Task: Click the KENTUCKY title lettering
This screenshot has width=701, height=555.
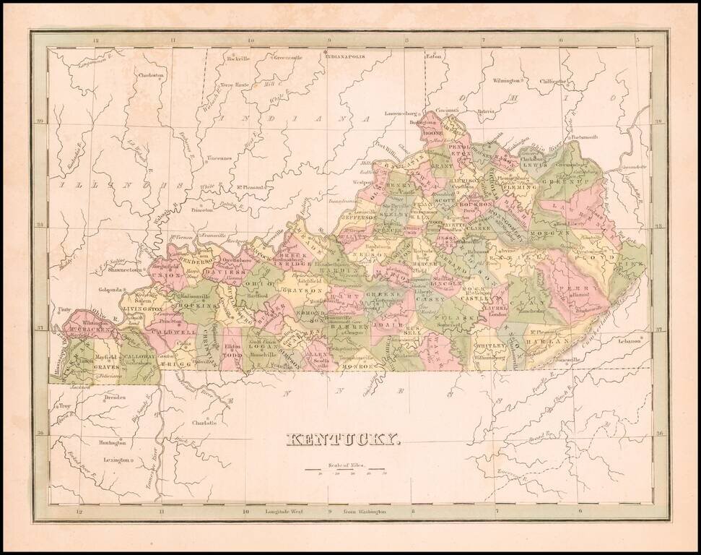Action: click(344, 439)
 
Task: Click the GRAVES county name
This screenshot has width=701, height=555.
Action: click(105, 366)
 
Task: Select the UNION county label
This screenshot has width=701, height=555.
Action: click(167, 275)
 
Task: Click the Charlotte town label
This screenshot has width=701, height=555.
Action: click(206, 423)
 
